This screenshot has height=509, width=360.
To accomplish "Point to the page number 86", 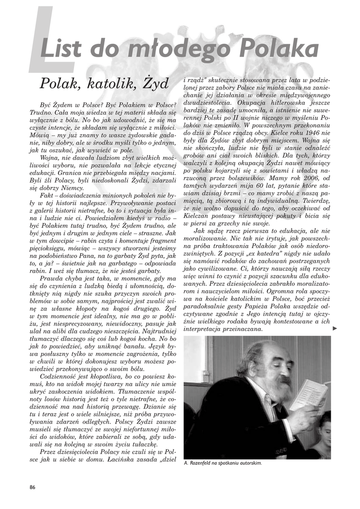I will coord(32,487).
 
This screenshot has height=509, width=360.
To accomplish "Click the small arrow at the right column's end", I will coord(335,328).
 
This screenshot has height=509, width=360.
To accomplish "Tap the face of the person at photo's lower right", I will coord(324,427).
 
